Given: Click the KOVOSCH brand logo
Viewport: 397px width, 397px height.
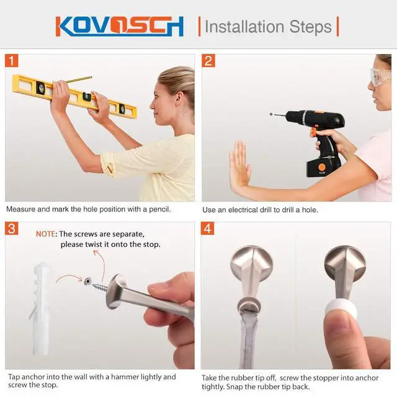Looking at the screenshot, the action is (x=120, y=26).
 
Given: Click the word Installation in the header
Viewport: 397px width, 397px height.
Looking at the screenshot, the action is (x=244, y=27).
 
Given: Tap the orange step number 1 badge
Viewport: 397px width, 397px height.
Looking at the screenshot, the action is (x=11, y=61).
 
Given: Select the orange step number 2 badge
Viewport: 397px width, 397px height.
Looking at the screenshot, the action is (x=208, y=61).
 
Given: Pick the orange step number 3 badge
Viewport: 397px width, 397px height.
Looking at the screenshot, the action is (x=11, y=229).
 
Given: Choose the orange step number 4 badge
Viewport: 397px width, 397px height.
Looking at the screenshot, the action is (x=207, y=229).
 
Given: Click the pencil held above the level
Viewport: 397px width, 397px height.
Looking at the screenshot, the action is (x=79, y=79).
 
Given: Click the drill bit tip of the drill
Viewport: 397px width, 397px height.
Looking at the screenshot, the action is (x=272, y=114).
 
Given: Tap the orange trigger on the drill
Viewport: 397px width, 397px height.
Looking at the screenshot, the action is (x=313, y=132).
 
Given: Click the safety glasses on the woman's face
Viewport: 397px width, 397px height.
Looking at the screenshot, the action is (x=380, y=76).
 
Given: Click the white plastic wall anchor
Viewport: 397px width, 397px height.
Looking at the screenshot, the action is (x=40, y=308).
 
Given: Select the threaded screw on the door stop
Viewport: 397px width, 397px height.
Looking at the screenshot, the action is (x=100, y=287).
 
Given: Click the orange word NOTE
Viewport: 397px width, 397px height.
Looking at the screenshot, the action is (x=45, y=234).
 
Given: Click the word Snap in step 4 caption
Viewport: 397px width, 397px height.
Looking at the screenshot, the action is (x=234, y=387).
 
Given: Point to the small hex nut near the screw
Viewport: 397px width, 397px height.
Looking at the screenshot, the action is (x=87, y=280).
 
